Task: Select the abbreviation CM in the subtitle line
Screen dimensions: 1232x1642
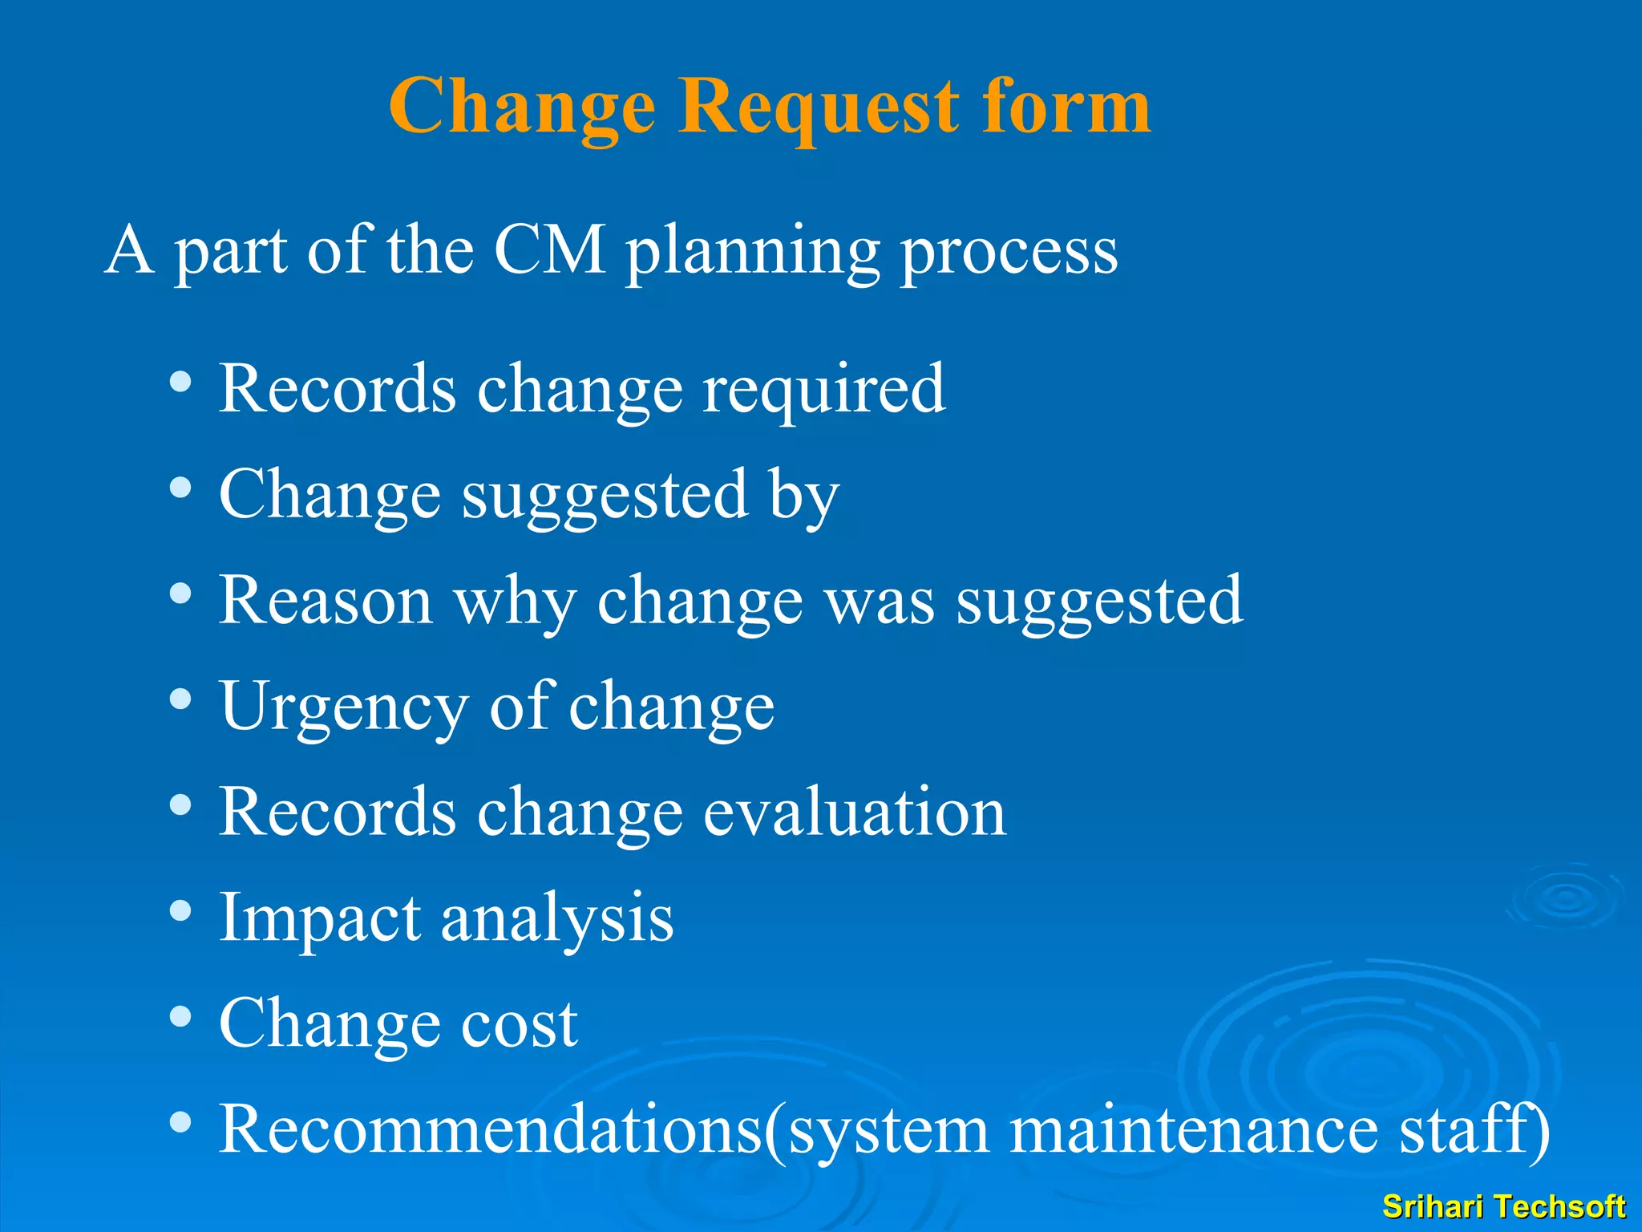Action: (549, 250)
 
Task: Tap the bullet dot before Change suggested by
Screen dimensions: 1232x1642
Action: (181, 488)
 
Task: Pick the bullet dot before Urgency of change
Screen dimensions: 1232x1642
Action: (181, 699)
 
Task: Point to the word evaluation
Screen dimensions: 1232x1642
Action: (854, 812)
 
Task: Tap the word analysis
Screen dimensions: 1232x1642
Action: (557, 921)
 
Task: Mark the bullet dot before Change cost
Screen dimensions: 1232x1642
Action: (181, 1017)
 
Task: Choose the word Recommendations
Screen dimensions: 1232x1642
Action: (490, 1129)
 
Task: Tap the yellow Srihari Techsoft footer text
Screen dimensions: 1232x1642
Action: (1503, 1206)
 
